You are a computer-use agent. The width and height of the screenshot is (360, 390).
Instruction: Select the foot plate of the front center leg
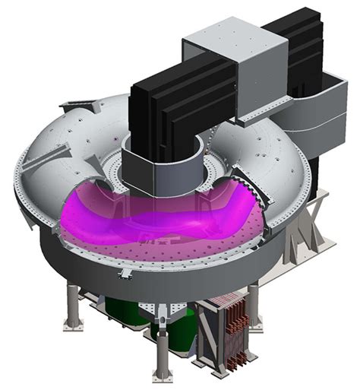tap(161, 375)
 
